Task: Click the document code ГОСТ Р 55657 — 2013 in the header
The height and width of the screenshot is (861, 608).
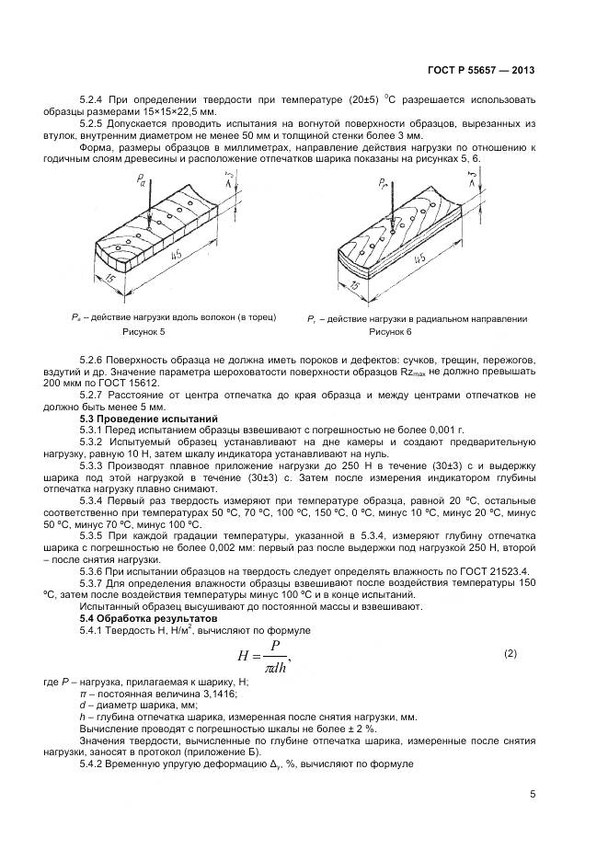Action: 483,70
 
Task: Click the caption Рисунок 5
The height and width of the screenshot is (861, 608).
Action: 143,330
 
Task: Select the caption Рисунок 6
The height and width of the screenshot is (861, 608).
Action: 390,330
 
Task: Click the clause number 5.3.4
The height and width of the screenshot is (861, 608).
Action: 94,502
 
